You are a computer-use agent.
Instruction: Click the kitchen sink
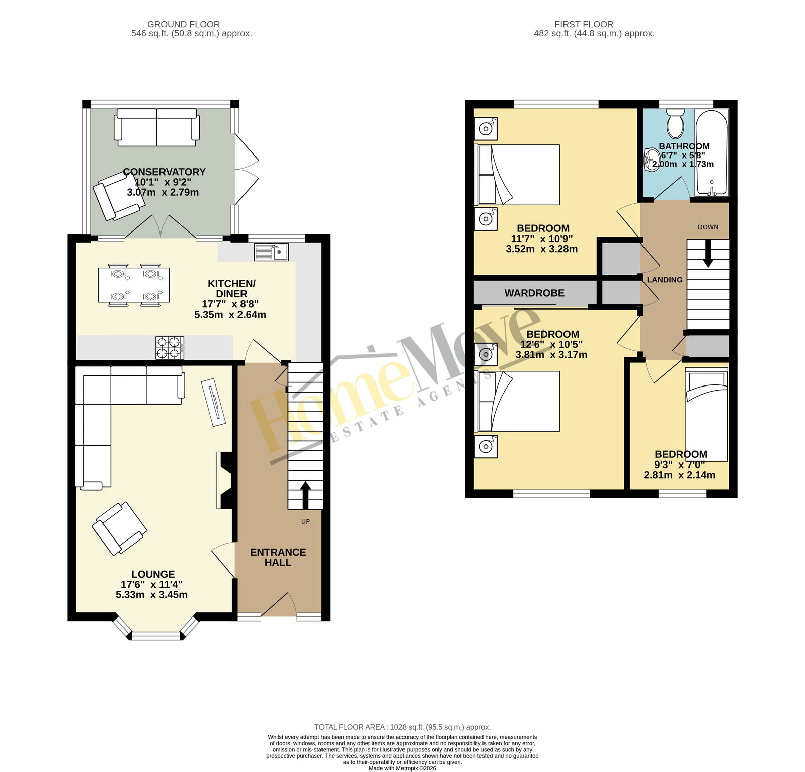(x=271, y=252)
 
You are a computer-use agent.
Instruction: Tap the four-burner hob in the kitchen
(x=170, y=348)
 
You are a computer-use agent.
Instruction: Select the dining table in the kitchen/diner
(x=134, y=285)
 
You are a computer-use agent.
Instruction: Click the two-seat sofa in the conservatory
(x=157, y=127)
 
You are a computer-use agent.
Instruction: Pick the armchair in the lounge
(x=120, y=528)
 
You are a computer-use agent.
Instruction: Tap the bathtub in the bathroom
(x=711, y=152)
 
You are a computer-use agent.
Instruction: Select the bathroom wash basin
(x=652, y=160)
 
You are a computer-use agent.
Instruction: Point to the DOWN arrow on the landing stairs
(x=708, y=253)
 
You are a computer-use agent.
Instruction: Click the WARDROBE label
(x=534, y=293)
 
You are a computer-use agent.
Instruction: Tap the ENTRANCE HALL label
(x=278, y=557)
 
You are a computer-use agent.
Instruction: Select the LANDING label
(x=665, y=280)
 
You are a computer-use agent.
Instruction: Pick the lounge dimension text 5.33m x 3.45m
(x=151, y=595)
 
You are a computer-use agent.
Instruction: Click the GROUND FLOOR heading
(x=184, y=24)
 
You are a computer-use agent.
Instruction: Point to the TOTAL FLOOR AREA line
(x=403, y=727)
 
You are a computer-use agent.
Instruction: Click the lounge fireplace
(x=225, y=480)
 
